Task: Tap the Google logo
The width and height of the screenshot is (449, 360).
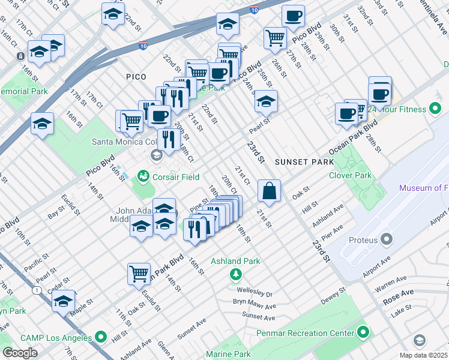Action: pyautogui.click(x=20, y=353)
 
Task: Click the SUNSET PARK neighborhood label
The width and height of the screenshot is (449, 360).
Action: pyautogui.click(x=300, y=163)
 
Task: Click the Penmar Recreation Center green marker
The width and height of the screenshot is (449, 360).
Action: pyautogui.click(x=363, y=332)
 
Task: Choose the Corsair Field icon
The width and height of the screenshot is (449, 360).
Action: pyautogui.click(x=143, y=176)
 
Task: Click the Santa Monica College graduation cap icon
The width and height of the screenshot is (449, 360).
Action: pyautogui.click(x=157, y=156)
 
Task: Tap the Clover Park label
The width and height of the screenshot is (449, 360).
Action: pyautogui.click(x=351, y=175)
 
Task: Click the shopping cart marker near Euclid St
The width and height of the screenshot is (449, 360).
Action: pyautogui.click(x=139, y=274)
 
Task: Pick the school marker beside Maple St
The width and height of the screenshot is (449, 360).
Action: pyautogui.click(x=63, y=302)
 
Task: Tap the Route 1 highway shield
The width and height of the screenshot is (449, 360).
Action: pyautogui.click(x=37, y=290)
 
